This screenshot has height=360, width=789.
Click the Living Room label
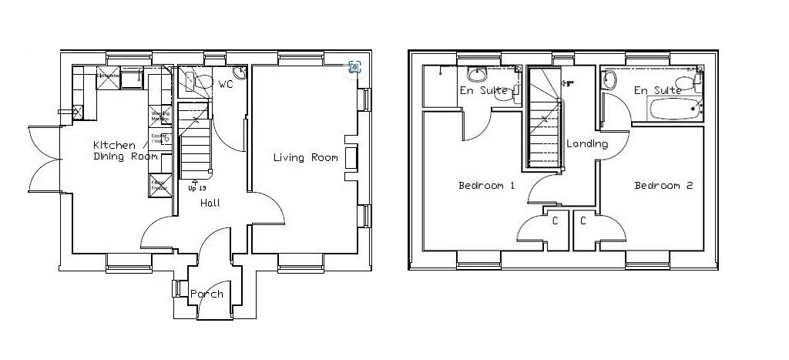306,158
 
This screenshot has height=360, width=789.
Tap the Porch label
206,294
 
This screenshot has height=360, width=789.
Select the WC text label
226,84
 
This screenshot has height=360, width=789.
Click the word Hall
210,203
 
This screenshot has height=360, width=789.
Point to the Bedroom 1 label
486,186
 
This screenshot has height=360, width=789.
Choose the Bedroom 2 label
663,186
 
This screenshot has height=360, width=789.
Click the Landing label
587,144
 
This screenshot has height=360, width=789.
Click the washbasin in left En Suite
478,76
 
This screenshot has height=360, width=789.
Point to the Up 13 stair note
197,187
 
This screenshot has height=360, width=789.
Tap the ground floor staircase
195,143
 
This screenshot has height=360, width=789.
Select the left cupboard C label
556,221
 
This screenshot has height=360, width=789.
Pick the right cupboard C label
583,221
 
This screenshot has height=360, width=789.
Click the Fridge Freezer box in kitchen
160,186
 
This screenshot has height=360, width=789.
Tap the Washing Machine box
160,117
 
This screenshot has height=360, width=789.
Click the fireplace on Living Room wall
351,157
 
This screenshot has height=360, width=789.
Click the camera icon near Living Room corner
354,67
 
